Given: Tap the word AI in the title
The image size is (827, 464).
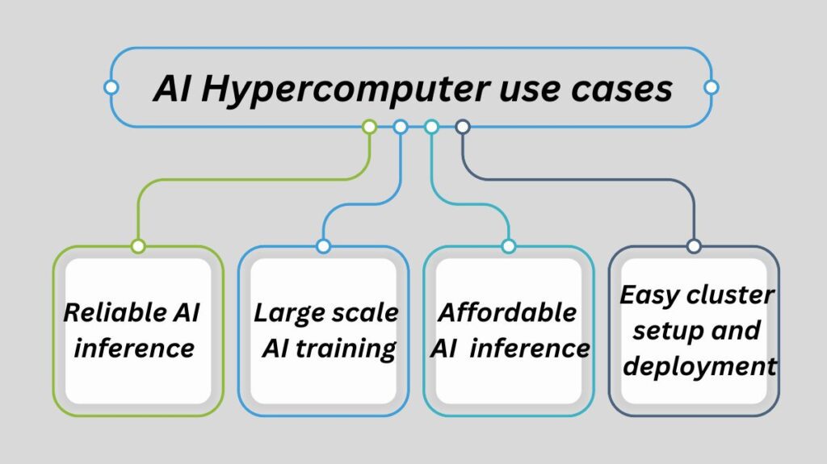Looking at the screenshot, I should (x=173, y=88).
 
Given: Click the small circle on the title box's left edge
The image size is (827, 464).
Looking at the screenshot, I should (x=111, y=87).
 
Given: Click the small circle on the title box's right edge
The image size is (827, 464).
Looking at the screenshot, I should (x=711, y=87).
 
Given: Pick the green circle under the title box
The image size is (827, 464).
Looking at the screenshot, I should (x=369, y=127).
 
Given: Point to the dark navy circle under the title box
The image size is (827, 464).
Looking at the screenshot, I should (x=463, y=127).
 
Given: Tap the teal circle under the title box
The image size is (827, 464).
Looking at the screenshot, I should (x=431, y=127).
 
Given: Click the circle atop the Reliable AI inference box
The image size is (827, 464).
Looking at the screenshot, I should (x=138, y=246).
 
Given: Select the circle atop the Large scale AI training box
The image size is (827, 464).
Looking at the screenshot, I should (x=323, y=246).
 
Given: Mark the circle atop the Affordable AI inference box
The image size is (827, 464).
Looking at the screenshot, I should (x=508, y=246).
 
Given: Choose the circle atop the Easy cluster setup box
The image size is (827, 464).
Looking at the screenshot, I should (x=693, y=246).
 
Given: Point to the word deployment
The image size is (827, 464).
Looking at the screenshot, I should (x=700, y=366).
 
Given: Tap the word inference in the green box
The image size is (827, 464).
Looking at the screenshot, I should (x=134, y=349).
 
